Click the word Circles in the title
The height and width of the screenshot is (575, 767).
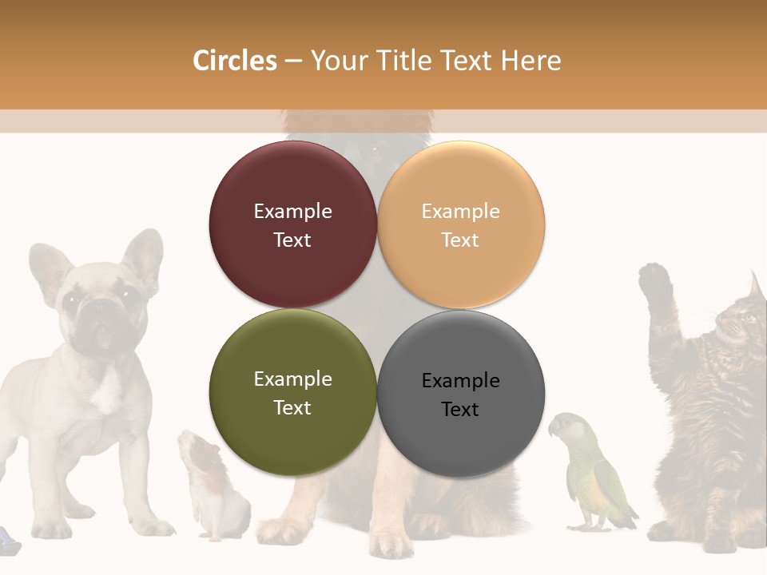pos(234,61)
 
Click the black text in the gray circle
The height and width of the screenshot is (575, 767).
pos(460,395)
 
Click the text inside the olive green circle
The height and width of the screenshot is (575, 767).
pos(292,393)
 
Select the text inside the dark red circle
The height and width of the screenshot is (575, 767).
pos(292,225)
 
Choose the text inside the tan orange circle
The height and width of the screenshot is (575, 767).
pos(460,225)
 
